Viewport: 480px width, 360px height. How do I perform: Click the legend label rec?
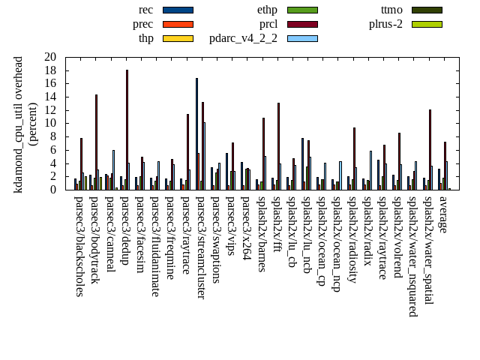tap(146, 10)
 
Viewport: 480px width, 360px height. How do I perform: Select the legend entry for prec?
tap(142, 24)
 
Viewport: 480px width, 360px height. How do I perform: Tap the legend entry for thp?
tap(145, 38)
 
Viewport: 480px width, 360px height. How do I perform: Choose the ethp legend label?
tap(267, 10)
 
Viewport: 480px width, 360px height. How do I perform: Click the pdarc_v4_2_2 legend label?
tap(243, 38)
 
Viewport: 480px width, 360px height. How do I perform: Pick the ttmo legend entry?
tap(391, 10)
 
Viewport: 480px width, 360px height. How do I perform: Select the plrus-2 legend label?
tap(385, 24)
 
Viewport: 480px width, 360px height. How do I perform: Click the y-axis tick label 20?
tap(50, 57)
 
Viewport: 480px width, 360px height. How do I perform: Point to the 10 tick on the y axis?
tap(50, 123)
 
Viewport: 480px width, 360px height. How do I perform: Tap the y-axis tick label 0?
tap(53, 190)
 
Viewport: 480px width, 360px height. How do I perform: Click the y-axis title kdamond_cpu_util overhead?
tap(19, 124)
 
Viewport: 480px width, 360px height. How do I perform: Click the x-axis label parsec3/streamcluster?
tap(200, 247)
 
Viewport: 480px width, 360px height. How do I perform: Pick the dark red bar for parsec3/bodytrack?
tap(96, 142)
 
